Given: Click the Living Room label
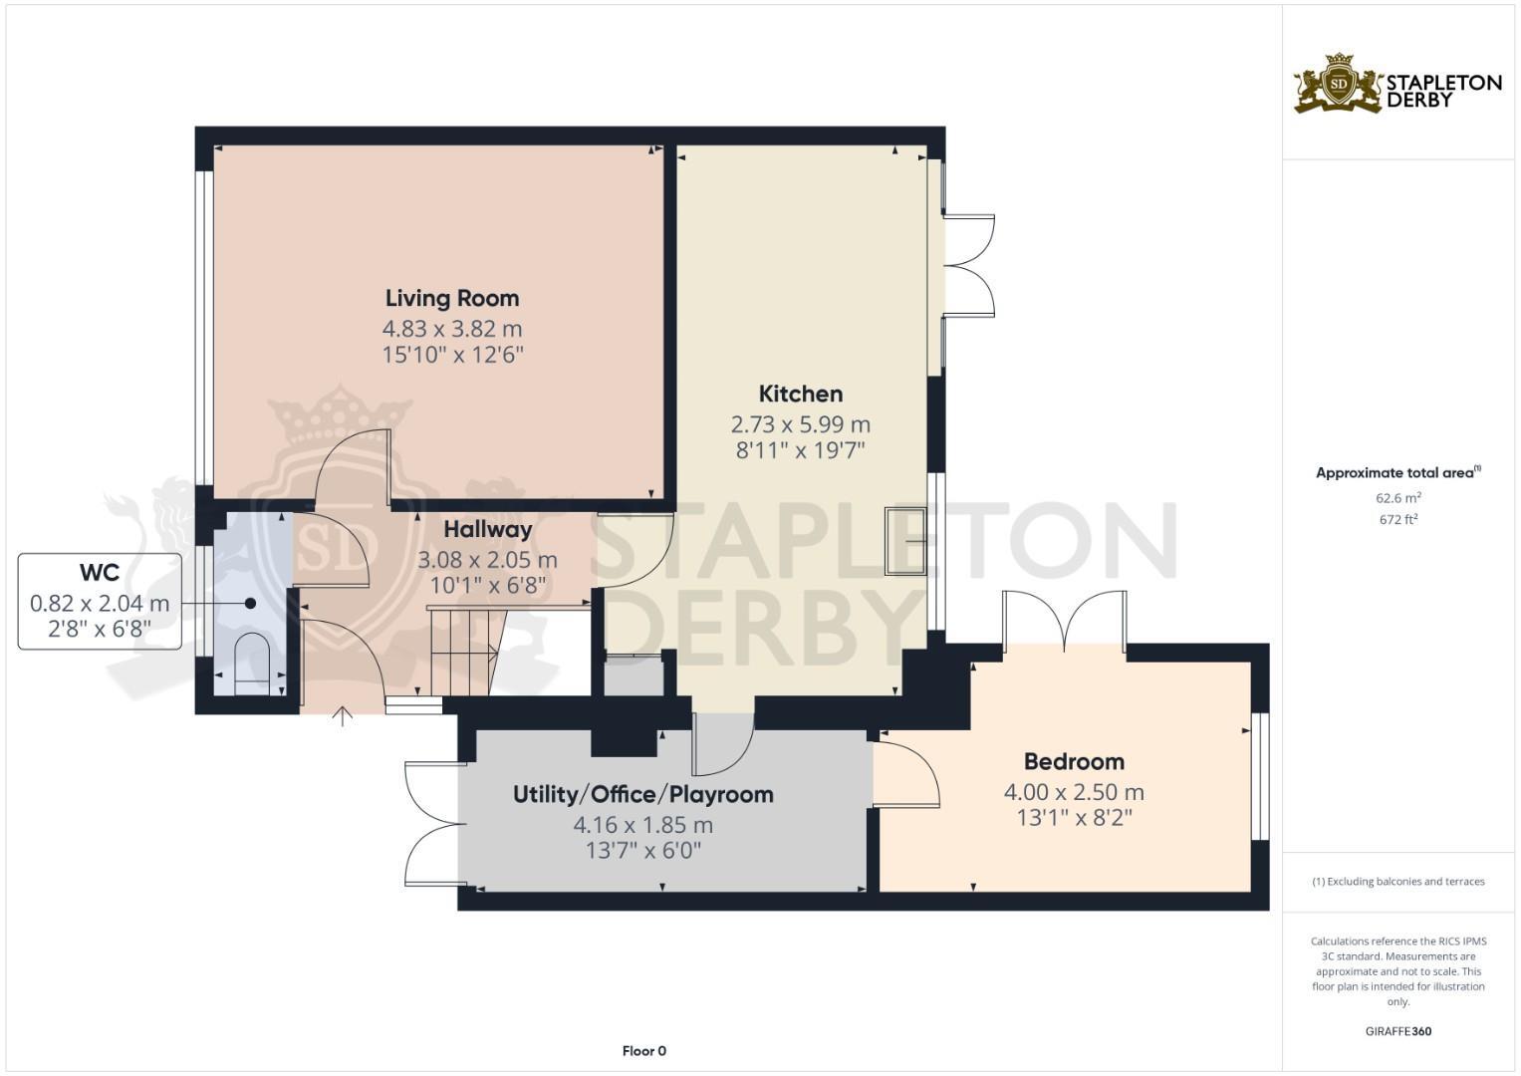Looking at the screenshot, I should pos(452,298).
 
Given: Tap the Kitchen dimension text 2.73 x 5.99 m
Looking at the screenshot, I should pos(800,423).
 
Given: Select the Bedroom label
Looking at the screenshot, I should pos(1074,761).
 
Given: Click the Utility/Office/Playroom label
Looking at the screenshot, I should pos(642,794).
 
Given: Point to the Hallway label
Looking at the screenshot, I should pos(487,529).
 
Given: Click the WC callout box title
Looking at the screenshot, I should pos(100,573).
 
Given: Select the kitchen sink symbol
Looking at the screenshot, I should pos(905,541).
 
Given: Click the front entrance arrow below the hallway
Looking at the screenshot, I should pos(343,715).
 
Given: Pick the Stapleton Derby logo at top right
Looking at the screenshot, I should pos(1396,85).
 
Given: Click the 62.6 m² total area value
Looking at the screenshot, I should pos(1397,497).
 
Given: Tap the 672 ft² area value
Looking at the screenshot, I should pos(1397,519).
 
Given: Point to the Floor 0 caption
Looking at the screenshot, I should pos(643,1050).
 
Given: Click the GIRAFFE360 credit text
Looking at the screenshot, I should pos(1397,1031).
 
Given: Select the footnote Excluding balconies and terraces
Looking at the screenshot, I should pos(1397,882).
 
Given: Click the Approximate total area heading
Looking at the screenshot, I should pos(1397,473).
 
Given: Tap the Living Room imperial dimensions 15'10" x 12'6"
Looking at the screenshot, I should pos(452,354).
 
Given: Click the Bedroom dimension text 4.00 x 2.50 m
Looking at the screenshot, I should pos(1074,792).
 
